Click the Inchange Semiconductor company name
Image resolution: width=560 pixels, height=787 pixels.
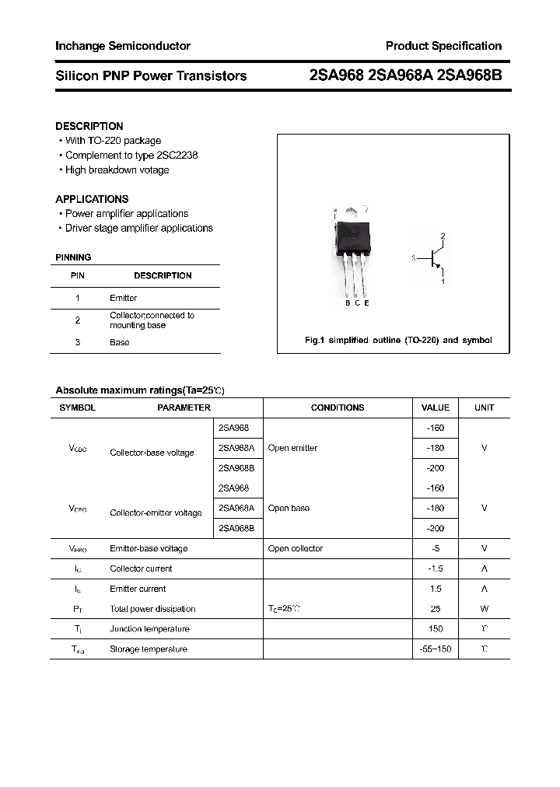(123, 46)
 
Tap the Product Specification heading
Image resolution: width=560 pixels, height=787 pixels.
(443, 46)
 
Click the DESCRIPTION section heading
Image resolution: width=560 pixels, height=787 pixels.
(89, 126)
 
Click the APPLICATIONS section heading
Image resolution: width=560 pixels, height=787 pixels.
(92, 199)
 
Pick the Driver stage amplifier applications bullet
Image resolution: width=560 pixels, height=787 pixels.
(138, 229)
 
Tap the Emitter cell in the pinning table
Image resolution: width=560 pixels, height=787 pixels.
(124, 298)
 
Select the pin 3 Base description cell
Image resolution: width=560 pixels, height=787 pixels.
(120, 342)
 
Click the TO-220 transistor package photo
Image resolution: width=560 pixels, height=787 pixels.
(352, 253)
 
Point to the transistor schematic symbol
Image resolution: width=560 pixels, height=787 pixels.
(434, 259)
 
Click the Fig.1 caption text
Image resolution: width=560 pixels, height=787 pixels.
(397, 341)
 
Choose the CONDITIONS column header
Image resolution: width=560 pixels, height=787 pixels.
(338, 407)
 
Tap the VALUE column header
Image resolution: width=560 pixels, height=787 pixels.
(435, 407)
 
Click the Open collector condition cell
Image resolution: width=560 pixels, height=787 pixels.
(295, 549)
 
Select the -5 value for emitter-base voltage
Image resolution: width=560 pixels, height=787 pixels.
(436, 549)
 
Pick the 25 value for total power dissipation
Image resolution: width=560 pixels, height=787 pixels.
(436, 609)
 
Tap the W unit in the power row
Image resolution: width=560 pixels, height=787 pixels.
(484, 609)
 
